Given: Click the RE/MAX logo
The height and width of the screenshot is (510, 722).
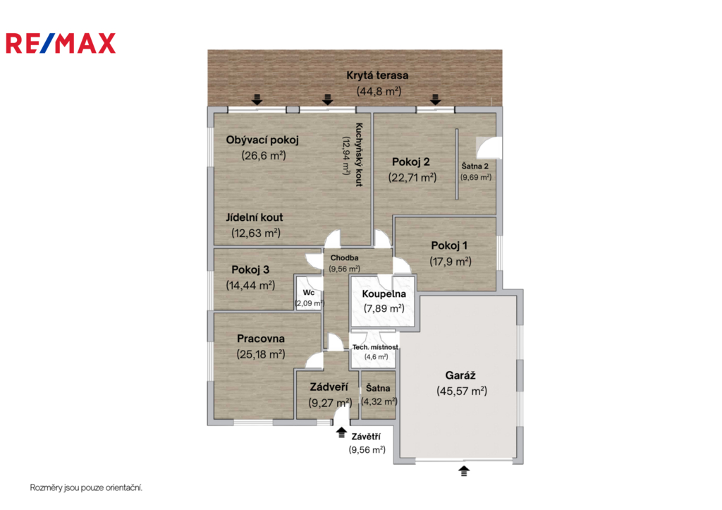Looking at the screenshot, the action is [x=61, y=43].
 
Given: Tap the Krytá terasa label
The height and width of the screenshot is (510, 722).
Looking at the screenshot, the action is [x=377, y=75].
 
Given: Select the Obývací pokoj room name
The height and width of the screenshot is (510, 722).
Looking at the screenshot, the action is [x=262, y=140].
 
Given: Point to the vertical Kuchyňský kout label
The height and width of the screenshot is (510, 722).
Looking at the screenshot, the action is [x=359, y=154].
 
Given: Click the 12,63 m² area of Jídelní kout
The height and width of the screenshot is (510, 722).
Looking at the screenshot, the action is [x=256, y=233].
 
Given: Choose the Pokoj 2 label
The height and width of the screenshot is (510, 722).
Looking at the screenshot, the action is [x=411, y=162].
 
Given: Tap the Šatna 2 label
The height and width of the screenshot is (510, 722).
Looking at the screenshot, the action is [x=475, y=166].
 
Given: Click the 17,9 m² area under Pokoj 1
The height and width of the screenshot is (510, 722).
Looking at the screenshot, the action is [x=451, y=262].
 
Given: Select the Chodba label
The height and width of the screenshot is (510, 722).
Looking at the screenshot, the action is [x=344, y=258].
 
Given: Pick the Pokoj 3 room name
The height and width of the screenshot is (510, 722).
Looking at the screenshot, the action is [x=250, y=269].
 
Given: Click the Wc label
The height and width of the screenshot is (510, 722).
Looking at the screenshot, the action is [x=309, y=293].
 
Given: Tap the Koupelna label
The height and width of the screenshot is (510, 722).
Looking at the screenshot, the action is [x=384, y=294].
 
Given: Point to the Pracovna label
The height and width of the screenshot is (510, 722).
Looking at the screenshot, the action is [x=261, y=339].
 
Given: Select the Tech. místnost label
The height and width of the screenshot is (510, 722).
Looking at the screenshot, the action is [x=375, y=347].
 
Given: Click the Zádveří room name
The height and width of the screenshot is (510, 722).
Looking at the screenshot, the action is [x=329, y=387].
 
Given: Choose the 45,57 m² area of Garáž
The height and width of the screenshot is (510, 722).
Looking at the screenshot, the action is [x=462, y=391].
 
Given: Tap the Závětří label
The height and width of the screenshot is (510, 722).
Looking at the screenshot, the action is [x=366, y=437].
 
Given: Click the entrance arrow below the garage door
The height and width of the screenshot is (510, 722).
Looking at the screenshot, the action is [x=464, y=470].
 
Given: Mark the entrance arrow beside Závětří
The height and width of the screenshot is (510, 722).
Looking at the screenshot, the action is [x=341, y=432].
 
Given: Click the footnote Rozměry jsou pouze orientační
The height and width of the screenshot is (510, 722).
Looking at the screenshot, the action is [x=86, y=487].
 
